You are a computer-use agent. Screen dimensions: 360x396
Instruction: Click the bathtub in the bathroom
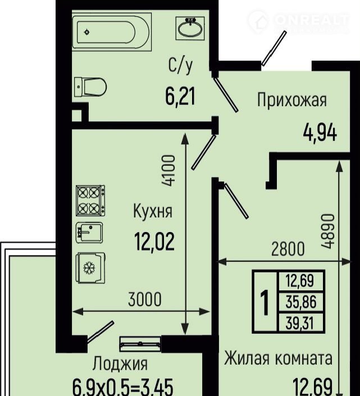[x=112, y=32]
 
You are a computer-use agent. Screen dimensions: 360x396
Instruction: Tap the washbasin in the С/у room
[x=190, y=28]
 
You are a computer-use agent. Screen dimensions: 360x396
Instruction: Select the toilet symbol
[x=90, y=87]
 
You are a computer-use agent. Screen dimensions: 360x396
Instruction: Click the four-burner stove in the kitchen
[x=90, y=201]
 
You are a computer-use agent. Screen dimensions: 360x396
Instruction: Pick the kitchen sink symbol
[x=89, y=233]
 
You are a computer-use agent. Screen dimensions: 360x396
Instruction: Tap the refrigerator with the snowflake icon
[x=90, y=268]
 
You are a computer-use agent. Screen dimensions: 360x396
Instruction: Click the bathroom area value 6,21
[x=180, y=96]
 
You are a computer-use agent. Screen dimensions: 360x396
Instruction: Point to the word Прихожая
[x=292, y=100]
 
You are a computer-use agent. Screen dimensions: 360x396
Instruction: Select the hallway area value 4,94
[x=320, y=134]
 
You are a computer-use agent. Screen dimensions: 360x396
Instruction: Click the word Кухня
[x=153, y=211]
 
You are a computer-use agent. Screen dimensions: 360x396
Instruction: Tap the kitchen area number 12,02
[x=154, y=242]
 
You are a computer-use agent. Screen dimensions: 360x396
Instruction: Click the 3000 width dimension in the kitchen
[x=145, y=299]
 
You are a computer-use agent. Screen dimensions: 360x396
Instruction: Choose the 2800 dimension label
[x=288, y=249]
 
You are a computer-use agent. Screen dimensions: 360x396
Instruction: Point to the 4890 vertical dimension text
[x=327, y=231]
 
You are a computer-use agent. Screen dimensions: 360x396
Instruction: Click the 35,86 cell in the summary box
[x=300, y=302]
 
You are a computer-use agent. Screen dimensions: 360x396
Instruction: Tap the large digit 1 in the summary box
[x=265, y=303]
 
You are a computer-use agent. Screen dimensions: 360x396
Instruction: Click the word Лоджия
[x=120, y=364]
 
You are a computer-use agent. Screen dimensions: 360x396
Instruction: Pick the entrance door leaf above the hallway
[x=274, y=48]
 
